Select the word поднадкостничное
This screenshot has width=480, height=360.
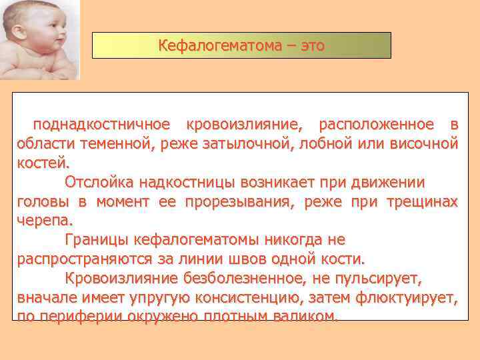102,125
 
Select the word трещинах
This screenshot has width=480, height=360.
419,201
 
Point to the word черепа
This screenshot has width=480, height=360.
45,220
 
